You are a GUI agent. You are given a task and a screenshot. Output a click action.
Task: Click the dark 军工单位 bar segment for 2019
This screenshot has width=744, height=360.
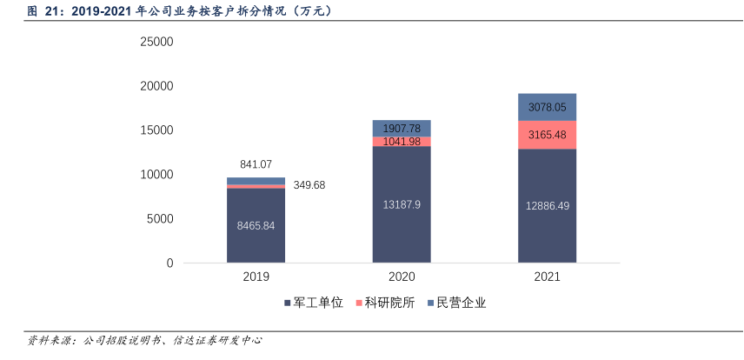(256, 243)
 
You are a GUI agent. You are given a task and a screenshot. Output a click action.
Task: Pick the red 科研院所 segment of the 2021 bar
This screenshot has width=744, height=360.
(548, 135)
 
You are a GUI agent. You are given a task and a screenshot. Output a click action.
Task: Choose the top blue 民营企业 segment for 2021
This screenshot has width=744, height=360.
(548, 107)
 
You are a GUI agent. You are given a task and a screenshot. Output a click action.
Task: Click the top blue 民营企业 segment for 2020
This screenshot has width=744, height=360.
(402, 128)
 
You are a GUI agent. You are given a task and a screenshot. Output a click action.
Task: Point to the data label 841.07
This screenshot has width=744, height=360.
(256, 164)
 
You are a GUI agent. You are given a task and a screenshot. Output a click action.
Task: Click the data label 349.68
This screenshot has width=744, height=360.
(310, 185)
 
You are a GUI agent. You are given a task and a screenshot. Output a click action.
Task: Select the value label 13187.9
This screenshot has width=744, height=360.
(402, 204)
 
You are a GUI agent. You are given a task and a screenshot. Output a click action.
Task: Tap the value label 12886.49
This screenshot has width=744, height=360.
(548, 205)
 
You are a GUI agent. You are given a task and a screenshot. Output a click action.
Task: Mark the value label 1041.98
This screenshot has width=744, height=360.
(402, 142)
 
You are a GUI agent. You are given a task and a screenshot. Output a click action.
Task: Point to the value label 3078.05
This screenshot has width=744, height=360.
(548, 107)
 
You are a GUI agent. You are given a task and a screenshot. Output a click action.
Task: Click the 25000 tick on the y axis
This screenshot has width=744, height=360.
(157, 42)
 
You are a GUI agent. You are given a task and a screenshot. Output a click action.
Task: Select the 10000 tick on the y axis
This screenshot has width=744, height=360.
(157, 175)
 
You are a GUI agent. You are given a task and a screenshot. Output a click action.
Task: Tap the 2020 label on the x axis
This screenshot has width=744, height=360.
(402, 277)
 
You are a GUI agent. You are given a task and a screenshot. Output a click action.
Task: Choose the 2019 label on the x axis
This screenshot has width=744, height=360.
(256, 277)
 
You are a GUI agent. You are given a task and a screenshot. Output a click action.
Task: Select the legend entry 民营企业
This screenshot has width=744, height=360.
(456, 303)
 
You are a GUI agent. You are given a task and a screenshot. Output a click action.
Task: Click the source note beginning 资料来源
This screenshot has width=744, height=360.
(144, 340)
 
